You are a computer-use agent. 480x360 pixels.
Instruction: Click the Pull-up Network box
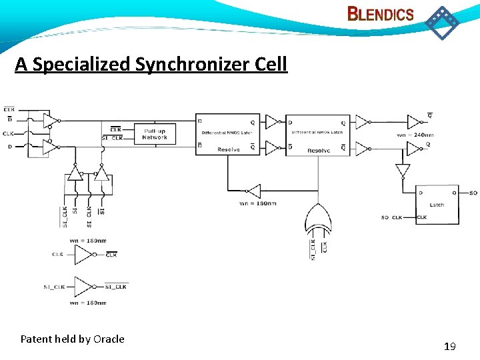(155, 134)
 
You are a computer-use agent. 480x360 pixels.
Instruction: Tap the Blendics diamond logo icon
(442, 23)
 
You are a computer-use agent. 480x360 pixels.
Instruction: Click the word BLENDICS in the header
(381, 14)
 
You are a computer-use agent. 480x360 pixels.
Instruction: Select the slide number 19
(449, 346)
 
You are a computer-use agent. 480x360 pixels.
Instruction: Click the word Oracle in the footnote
(109, 339)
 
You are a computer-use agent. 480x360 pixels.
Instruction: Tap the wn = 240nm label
(415, 135)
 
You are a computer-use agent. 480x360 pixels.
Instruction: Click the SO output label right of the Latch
(473, 193)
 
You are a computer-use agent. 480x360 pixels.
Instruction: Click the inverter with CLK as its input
(83, 254)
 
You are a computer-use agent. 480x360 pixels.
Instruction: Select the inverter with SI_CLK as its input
(83, 287)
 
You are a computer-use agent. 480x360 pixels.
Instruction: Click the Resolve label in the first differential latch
(228, 150)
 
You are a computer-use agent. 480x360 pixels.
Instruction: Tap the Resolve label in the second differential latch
(318, 151)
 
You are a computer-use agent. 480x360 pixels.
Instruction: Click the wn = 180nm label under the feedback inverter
(257, 203)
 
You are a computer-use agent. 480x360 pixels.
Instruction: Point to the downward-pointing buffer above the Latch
(401, 171)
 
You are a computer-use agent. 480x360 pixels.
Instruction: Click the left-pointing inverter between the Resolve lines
(253, 191)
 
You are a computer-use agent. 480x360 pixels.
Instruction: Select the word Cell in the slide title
(271, 64)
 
